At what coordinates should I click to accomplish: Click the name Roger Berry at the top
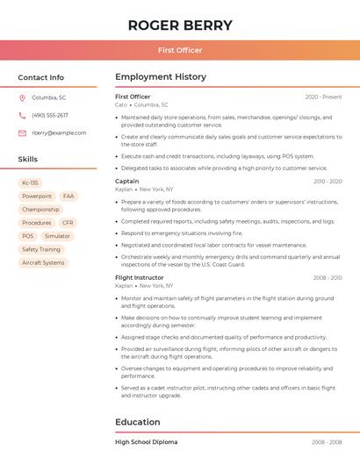180,25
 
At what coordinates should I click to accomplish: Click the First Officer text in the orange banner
180,50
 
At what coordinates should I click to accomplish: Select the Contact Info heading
40,77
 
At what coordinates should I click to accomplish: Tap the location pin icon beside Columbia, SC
22,97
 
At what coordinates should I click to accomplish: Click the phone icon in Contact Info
22,115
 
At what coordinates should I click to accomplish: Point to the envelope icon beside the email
22,132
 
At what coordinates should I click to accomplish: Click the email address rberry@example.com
59,132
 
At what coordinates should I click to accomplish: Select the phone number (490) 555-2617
50,115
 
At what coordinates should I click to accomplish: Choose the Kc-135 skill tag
31,183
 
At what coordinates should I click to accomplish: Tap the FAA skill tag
68,197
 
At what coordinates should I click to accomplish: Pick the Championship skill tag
40,210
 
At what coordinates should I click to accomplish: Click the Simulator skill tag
57,236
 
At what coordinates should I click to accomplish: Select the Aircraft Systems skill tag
43,262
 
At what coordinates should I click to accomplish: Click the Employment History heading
161,77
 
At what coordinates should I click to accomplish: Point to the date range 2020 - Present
323,97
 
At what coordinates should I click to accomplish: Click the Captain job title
126,181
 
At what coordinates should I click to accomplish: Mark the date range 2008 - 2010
328,278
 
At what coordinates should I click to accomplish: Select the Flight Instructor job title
139,277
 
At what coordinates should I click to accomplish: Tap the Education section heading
137,422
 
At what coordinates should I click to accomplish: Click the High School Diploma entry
146,442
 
